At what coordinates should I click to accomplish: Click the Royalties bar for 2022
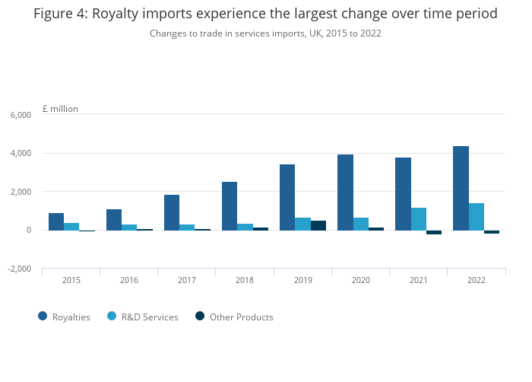[x=461, y=188]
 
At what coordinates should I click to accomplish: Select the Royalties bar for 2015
[x=56, y=221]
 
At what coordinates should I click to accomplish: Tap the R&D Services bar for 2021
[x=418, y=219]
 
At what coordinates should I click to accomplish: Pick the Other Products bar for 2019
[x=318, y=225]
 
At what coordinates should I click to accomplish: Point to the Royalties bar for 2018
[x=230, y=205]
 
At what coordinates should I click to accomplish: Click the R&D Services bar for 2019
[x=302, y=224]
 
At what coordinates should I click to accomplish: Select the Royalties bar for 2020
[x=345, y=192]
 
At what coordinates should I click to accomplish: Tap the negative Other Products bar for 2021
[x=434, y=232]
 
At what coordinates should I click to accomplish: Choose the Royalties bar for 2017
[x=172, y=212]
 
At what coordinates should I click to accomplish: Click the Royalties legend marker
[x=42, y=317]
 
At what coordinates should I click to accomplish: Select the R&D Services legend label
[x=150, y=317]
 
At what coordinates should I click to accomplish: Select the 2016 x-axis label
[x=129, y=281]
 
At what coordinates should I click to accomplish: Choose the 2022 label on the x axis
[x=477, y=281]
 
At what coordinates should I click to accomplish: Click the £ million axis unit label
[x=60, y=109]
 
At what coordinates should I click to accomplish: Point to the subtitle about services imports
[x=265, y=33]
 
